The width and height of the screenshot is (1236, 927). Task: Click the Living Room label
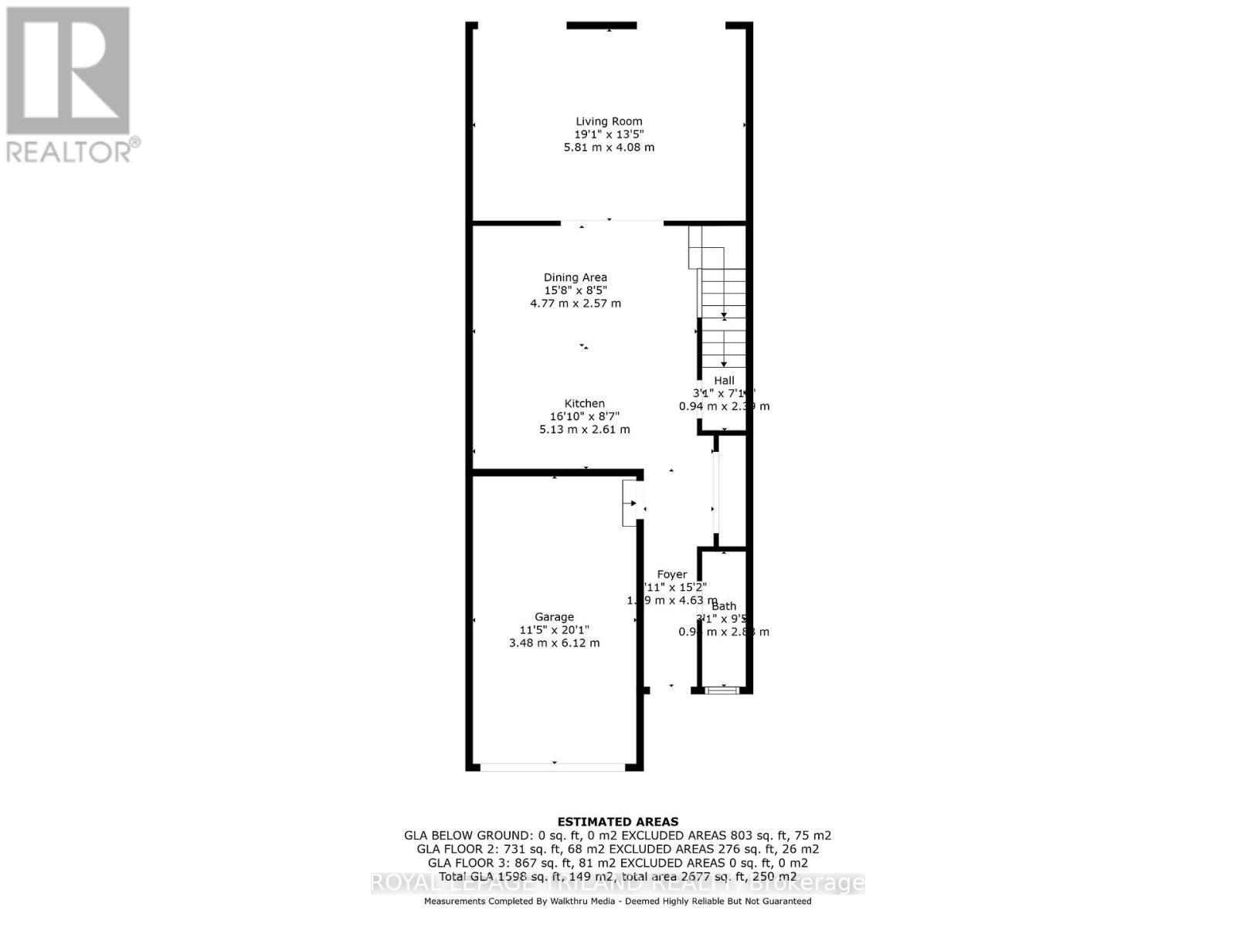pos(609,121)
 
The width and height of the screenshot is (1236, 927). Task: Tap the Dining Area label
pos(576,277)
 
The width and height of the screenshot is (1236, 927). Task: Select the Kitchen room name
pos(585,403)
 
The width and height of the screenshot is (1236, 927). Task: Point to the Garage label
pos(554,616)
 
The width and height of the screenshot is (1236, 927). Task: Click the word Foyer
pos(671,574)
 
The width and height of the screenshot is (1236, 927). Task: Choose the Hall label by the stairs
pos(724,380)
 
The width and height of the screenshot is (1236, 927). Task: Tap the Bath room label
pos(724,606)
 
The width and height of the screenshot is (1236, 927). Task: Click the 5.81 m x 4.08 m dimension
pos(609,148)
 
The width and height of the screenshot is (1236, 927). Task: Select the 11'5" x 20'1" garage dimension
pos(554,630)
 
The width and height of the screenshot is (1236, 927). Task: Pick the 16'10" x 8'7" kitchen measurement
pos(585,416)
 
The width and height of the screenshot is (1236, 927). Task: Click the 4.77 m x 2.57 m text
pos(576,304)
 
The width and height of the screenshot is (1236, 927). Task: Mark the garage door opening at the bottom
pos(553,766)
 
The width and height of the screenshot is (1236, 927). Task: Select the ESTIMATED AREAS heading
pos(618,822)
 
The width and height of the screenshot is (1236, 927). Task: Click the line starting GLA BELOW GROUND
pos(618,835)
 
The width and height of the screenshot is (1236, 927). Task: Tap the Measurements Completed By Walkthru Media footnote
pos(618,901)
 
